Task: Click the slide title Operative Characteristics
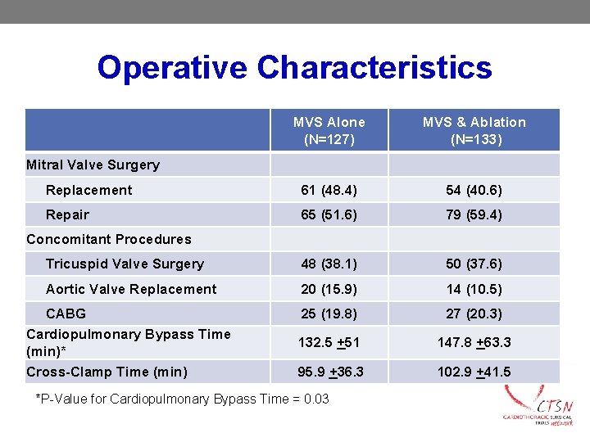tap(294, 67)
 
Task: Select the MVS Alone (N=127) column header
tap(329, 130)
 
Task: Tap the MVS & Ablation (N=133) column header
tap(474, 130)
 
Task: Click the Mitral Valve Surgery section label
tap(93, 165)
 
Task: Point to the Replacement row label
tap(88, 190)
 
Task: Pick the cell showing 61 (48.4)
tap(329, 190)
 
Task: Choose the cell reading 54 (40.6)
tap(474, 190)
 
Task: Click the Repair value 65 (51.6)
tap(329, 214)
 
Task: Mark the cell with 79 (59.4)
tap(474, 214)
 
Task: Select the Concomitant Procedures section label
tap(108, 239)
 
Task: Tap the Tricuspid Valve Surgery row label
tap(125, 264)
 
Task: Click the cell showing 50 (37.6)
tap(474, 264)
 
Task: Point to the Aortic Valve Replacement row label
tap(131, 289)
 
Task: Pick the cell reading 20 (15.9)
tap(329, 289)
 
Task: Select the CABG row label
tap(66, 313)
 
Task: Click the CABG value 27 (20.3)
tap(474, 313)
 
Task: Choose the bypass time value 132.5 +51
tap(329, 342)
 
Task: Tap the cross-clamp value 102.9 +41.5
tap(474, 372)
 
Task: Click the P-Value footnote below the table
tap(183, 399)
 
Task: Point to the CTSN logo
tap(540, 407)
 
